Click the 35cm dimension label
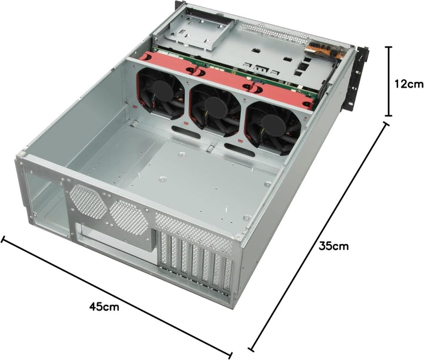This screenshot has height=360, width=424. point(333,246)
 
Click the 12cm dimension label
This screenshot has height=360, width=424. point(409,84)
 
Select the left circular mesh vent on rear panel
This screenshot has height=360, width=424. point(87,200)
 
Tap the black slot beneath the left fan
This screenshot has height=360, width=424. point(185,129)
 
